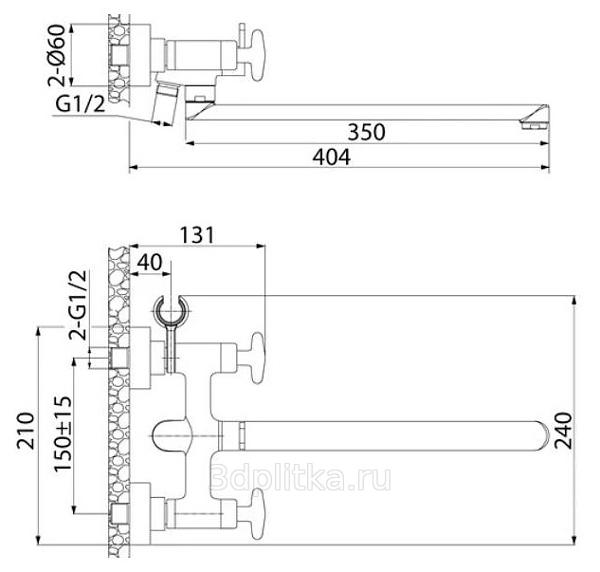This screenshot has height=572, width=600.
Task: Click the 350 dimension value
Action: click(366, 132)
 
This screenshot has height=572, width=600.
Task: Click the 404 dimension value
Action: click(332, 157)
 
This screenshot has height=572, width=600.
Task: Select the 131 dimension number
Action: click(197, 235)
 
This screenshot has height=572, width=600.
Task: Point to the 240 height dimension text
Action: click(563, 431)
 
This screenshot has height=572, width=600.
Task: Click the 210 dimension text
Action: click(26, 431)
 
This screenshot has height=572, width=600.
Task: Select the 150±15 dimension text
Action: click(63, 434)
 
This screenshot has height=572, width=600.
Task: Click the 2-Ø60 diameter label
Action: click(57, 55)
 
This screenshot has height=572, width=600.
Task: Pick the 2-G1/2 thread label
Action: click(78, 305)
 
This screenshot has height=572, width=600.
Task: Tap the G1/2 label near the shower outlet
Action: click(80, 103)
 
